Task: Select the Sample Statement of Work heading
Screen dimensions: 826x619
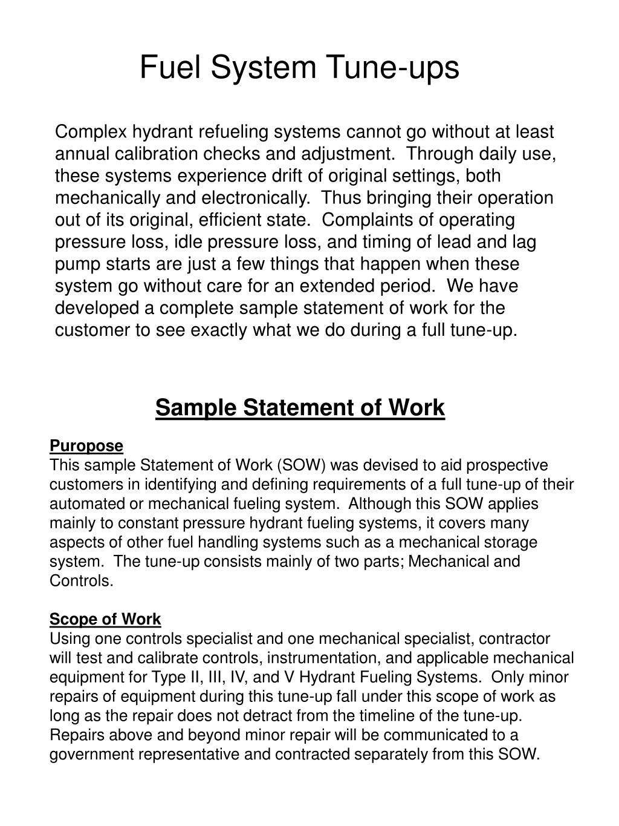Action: (300, 407)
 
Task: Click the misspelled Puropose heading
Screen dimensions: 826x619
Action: (86, 446)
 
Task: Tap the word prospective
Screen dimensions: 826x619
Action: (511, 465)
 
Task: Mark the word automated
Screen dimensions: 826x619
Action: (82, 504)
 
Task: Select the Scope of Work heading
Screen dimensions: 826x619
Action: (105, 619)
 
